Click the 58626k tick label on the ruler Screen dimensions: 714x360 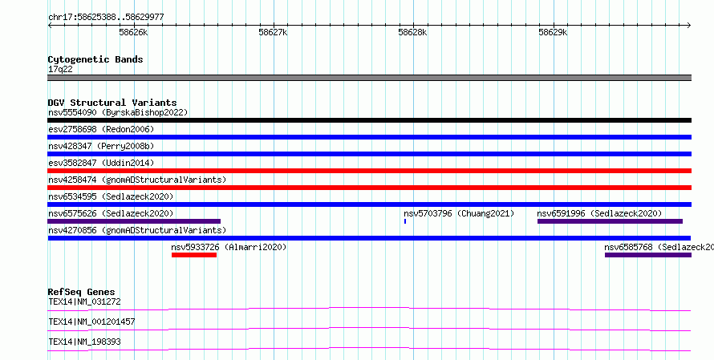click(133, 33)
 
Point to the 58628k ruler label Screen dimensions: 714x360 click(412, 33)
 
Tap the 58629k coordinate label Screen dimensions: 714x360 click(553, 33)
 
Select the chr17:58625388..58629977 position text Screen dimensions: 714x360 click(106, 18)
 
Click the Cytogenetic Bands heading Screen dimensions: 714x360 click(95, 59)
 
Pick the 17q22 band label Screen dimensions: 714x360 click(60, 70)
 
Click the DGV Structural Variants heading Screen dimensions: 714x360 click(112, 103)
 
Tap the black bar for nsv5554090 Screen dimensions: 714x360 click(369, 120)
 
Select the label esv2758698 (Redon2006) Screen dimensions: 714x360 click(101, 129)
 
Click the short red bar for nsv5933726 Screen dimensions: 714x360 click(194, 255)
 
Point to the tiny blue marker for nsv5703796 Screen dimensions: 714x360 click(405, 221)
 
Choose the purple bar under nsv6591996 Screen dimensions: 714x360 click(610, 221)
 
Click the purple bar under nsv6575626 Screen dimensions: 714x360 click(134, 221)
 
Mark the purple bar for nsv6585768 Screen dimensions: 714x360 click(648, 255)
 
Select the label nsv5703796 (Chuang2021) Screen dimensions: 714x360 click(459, 213)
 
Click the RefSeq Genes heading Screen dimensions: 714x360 click(82, 292)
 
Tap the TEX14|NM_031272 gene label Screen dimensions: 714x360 click(85, 301)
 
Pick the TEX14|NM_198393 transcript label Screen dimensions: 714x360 click(85, 342)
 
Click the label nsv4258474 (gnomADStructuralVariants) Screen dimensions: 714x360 click(137, 180)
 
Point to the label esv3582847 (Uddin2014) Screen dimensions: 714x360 click(101, 163)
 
